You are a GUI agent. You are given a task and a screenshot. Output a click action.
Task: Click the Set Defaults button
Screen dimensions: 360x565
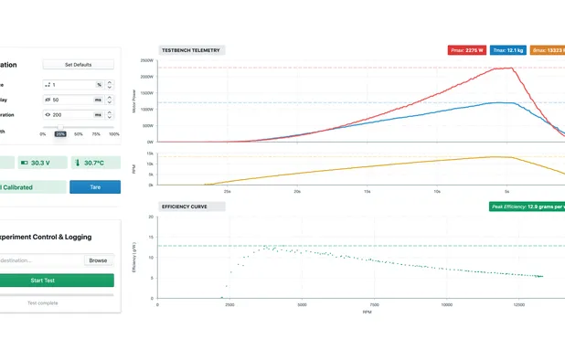(x=78, y=65)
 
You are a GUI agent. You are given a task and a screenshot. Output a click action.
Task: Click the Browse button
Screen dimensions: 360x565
(x=97, y=260)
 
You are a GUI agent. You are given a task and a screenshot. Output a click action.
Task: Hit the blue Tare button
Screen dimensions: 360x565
(x=95, y=187)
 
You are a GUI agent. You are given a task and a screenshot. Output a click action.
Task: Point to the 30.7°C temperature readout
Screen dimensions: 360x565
(x=94, y=163)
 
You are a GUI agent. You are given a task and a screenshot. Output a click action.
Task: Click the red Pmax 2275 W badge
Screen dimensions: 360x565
(x=465, y=50)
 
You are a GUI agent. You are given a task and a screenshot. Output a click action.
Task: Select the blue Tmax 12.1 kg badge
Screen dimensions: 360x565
(x=506, y=50)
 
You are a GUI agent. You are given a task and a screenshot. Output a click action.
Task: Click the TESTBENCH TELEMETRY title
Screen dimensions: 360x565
(x=190, y=50)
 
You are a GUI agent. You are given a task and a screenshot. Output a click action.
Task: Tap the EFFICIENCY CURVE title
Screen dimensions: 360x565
(x=185, y=206)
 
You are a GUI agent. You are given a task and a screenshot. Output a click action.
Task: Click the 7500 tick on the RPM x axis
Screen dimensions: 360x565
(x=373, y=305)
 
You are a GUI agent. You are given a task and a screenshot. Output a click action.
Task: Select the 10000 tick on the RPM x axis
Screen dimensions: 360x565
(x=445, y=305)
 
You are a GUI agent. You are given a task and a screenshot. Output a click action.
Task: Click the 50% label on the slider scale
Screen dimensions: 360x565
(x=79, y=133)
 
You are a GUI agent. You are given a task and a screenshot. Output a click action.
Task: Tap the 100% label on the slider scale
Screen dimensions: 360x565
(x=114, y=133)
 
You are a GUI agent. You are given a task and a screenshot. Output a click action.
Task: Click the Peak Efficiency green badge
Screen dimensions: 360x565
(x=527, y=206)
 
